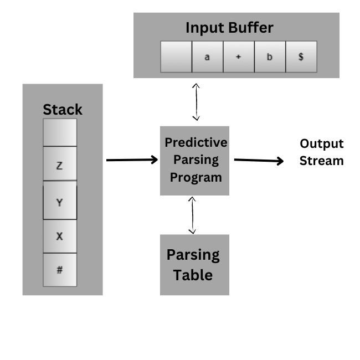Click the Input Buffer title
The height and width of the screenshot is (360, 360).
(x=229, y=28)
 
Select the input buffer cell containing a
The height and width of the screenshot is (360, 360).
(x=207, y=56)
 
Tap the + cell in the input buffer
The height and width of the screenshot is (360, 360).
(x=239, y=56)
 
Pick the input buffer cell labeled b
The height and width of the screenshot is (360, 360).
(x=270, y=56)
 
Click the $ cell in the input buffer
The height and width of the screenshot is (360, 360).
(x=301, y=56)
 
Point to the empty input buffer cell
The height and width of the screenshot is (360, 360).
(x=176, y=56)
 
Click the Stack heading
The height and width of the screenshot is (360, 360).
(x=63, y=110)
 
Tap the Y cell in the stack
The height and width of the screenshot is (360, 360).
(x=60, y=202)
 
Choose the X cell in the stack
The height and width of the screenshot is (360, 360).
(x=60, y=236)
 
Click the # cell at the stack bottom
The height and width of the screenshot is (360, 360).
(x=60, y=270)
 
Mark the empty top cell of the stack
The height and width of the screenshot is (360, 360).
(x=60, y=132)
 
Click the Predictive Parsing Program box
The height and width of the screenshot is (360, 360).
(x=194, y=160)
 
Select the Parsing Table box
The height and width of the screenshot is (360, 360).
(x=194, y=265)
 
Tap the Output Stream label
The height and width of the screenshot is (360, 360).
(x=322, y=152)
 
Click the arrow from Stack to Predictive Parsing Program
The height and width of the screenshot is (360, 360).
(x=132, y=160)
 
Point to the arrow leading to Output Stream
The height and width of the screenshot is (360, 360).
(x=259, y=161)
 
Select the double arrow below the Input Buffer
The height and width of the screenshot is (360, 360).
(x=196, y=101)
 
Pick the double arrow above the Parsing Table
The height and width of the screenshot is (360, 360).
(x=192, y=215)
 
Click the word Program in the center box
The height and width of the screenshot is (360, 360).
(x=196, y=178)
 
